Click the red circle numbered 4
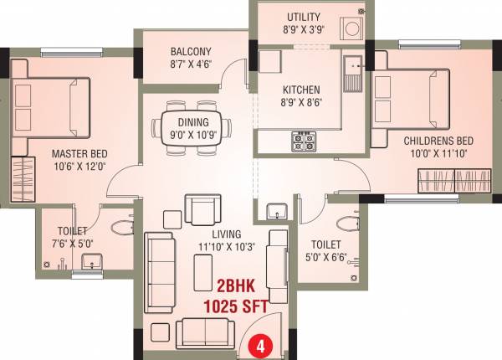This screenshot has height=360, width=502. tap(261, 343)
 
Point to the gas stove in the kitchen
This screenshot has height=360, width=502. tap(302, 141)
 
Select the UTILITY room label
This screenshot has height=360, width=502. tap(305, 17)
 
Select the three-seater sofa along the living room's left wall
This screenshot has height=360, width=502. tap(157, 264)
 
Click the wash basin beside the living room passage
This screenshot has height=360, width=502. tap(276, 212)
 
